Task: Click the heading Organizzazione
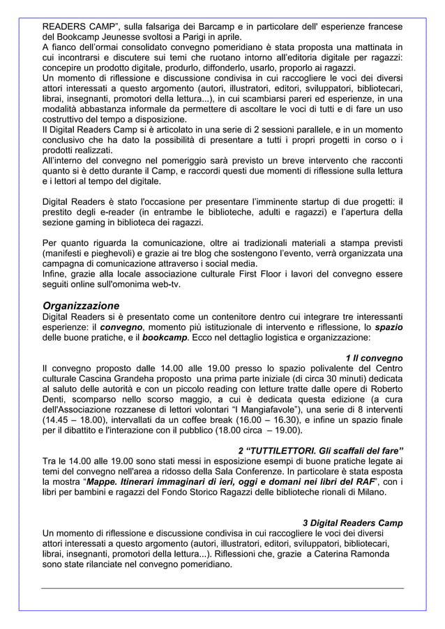(x=81, y=305)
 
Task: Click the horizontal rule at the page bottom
(x=222, y=588)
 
